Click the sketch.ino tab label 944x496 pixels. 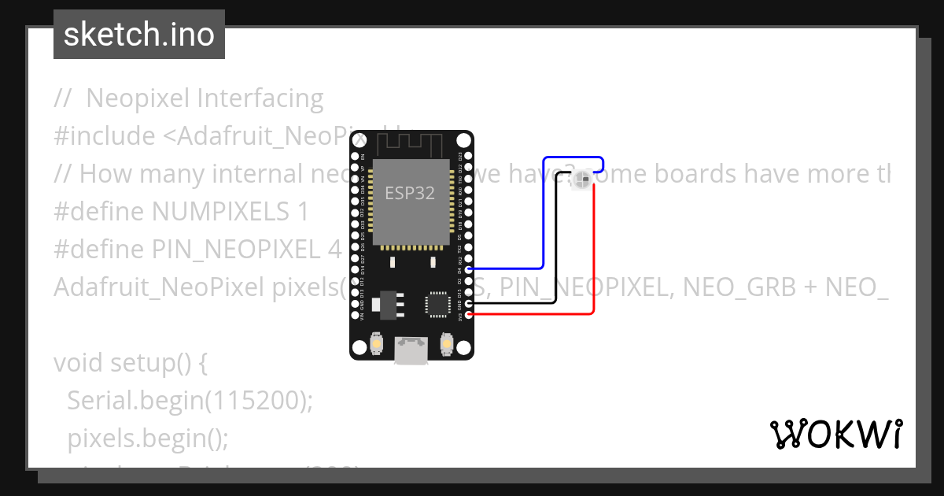click(x=138, y=35)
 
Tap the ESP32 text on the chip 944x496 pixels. click(x=409, y=193)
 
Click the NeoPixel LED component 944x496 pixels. click(x=581, y=180)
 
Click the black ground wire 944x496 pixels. click(x=556, y=252)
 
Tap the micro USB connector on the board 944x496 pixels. click(x=411, y=350)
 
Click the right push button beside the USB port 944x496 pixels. click(x=446, y=345)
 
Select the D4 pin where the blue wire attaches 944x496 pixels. click(x=469, y=269)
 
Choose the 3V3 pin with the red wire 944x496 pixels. click(x=469, y=315)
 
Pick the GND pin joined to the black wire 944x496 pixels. click(x=469, y=303)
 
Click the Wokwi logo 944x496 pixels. click(x=836, y=434)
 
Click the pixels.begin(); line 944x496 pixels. click(x=148, y=438)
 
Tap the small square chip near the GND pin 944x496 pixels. click(x=437, y=303)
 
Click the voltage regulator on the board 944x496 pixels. click(x=388, y=303)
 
